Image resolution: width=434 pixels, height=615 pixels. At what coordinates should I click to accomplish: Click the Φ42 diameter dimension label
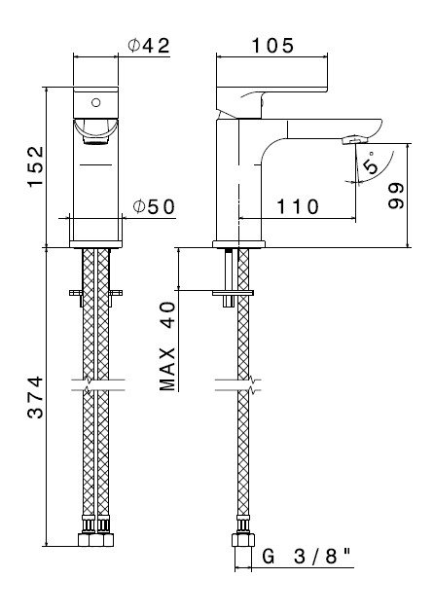149,46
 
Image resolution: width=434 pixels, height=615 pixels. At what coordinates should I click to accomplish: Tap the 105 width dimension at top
272,46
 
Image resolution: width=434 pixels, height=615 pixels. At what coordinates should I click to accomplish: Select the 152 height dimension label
36,167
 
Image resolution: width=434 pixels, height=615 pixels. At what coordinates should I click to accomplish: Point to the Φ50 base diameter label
154,206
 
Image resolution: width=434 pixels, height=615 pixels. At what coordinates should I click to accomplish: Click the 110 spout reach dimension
298,206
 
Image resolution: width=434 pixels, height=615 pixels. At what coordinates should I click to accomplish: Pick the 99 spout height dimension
396,196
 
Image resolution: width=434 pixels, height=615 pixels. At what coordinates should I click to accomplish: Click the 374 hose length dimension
36,397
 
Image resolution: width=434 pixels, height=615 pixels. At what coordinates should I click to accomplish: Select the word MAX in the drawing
167,370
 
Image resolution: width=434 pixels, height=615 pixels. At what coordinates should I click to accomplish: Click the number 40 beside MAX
167,314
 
